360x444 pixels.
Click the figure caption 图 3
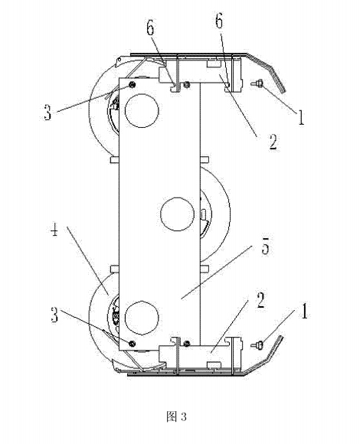176,416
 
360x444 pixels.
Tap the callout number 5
265,245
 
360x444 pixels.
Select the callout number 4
54,230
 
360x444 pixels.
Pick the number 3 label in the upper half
47,112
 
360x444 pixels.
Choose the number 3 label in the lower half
54,315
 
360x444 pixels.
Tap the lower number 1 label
304,311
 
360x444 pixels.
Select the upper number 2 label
273,142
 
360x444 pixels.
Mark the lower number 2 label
260,301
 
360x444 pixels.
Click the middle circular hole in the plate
177,214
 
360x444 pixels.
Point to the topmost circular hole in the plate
142,111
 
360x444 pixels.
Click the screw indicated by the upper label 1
257,83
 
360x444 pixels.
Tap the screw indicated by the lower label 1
257,344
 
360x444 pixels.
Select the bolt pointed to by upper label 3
132,84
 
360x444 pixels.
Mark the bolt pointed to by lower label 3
132,344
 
